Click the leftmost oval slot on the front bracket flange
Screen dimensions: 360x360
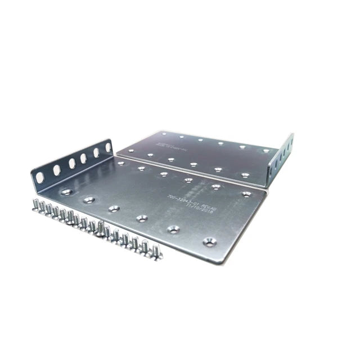click(x=40, y=177)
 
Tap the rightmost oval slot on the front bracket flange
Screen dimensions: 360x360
click(x=108, y=147)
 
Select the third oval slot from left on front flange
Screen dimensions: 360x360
click(x=72, y=163)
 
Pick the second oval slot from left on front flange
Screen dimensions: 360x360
click(x=57, y=170)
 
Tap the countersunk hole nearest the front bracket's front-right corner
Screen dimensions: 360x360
click(x=210, y=242)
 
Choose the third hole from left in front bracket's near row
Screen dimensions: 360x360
click(x=114, y=209)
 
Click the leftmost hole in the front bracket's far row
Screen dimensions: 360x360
click(x=120, y=163)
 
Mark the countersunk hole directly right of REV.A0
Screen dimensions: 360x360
click(x=246, y=194)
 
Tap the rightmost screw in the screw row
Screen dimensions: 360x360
click(x=156, y=251)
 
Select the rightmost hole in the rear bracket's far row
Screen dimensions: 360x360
click(x=265, y=150)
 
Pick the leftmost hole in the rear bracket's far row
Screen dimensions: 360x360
click(x=161, y=134)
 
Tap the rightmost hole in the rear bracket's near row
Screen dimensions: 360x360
click(x=245, y=175)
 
